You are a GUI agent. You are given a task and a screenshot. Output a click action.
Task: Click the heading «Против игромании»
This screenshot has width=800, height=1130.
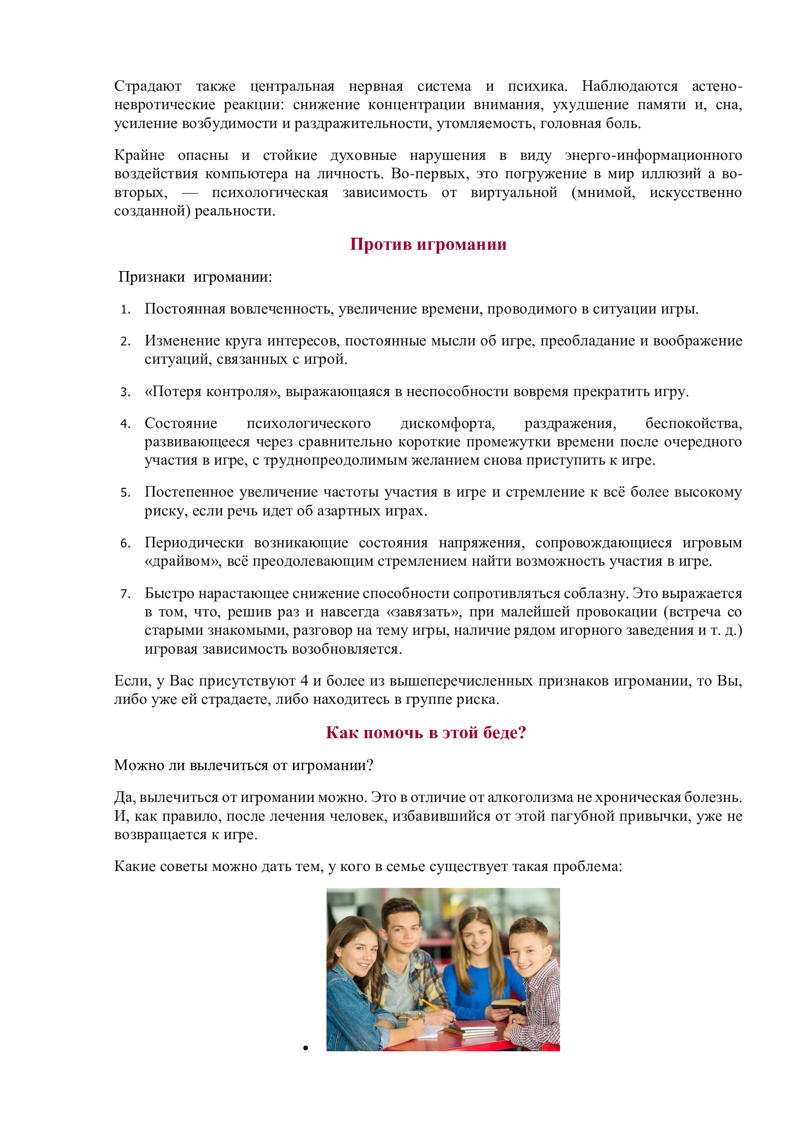pyautogui.click(x=428, y=244)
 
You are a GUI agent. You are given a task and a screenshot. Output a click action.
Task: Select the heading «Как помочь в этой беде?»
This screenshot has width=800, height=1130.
pyautogui.click(x=426, y=732)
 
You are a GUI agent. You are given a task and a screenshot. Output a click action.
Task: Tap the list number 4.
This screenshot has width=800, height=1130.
pyautogui.click(x=125, y=424)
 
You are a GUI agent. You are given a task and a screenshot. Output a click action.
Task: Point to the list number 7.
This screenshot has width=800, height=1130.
pyautogui.click(x=125, y=594)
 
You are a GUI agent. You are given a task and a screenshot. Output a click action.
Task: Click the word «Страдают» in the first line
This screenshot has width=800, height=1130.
pyautogui.click(x=148, y=86)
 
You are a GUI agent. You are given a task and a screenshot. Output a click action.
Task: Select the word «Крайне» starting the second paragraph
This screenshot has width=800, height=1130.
pyautogui.click(x=139, y=155)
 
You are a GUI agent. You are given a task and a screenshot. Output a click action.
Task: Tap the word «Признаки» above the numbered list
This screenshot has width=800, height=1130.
pyautogui.click(x=152, y=277)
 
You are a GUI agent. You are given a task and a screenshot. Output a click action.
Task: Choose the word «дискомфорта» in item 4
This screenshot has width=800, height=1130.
pyautogui.click(x=447, y=423)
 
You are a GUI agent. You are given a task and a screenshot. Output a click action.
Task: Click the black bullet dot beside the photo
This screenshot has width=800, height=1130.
pyautogui.click(x=305, y=1048)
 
